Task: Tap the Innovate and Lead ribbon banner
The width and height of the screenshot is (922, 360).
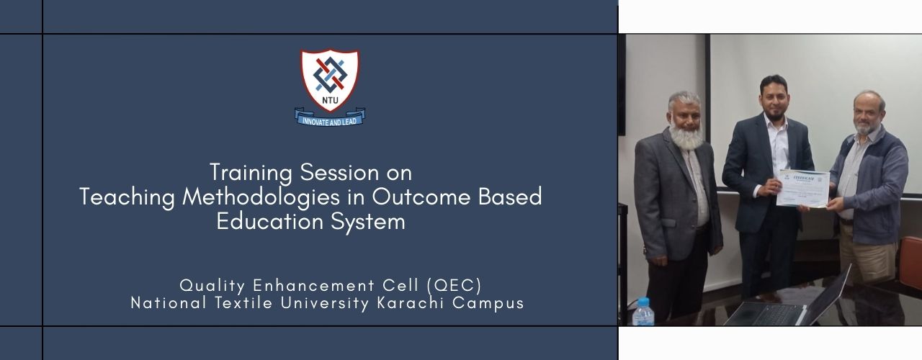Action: click(330, 117)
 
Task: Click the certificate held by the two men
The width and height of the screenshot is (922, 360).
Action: click(804, 188)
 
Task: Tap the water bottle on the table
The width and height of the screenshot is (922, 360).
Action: click(643, 311)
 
